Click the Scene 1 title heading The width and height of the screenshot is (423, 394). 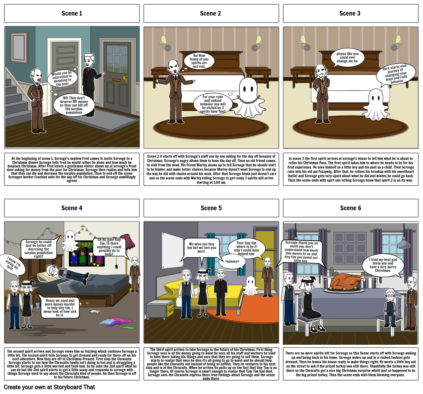[x=72, y=13]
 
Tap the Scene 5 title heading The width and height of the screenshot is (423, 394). [x=211, y=208]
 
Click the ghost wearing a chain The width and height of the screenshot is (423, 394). [x=248, y=97]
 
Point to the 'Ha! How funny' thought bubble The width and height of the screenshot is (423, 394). [x=199, y=61]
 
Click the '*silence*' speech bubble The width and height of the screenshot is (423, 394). [x=232, y=261]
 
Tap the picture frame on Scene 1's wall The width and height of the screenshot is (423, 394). [x=19, y=48]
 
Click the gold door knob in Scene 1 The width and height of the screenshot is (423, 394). [x=125, y=79]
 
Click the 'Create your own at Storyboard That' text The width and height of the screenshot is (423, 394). [x=49, y=387]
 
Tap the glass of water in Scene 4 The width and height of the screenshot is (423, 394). [x=37, y=305]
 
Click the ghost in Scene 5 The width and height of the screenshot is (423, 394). [x=250, y=286]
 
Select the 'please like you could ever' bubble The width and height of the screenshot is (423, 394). [x=347, y=58]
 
